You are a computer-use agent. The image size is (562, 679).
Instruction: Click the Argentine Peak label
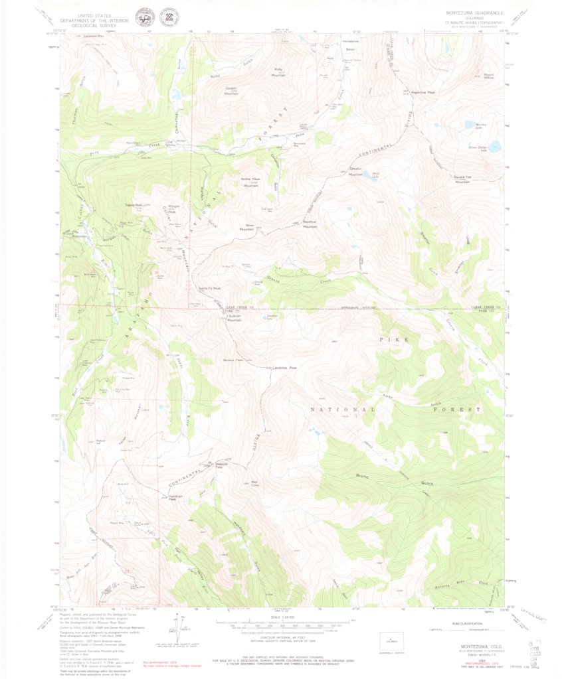(422, 92)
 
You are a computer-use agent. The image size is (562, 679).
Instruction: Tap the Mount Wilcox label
(489, 76)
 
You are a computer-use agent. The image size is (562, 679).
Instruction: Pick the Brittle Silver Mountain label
(250, 182)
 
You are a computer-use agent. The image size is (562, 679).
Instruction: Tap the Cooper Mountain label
(231, 91)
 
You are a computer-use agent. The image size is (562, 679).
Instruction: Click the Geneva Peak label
(233, 360)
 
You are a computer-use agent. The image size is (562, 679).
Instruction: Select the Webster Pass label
(223, 465)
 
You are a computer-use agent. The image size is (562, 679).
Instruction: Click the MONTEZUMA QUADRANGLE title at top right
(474, 13)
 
